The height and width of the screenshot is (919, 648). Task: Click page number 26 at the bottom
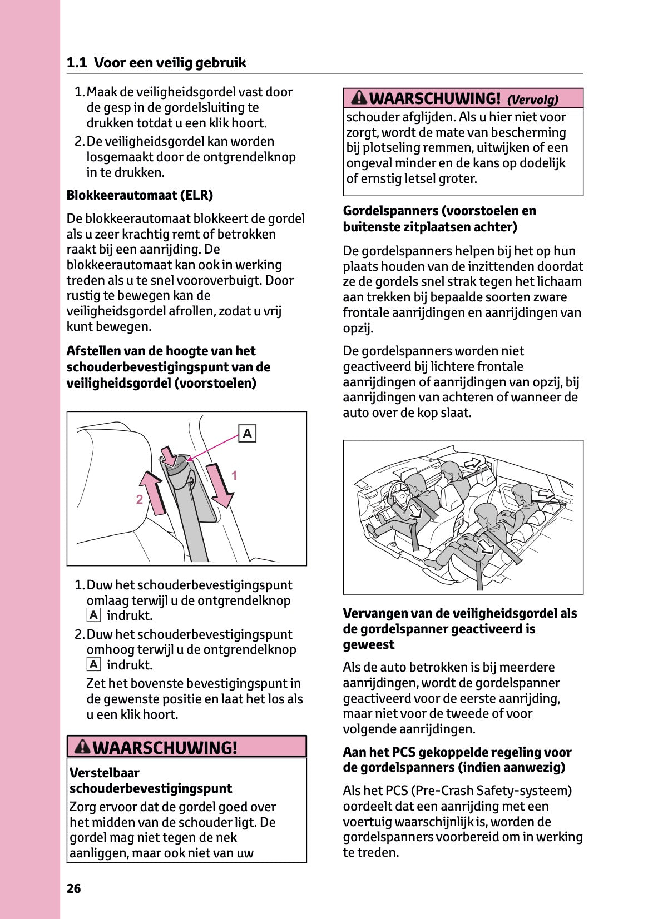click(73, 888)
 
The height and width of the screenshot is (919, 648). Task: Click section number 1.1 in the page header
click(77, 62)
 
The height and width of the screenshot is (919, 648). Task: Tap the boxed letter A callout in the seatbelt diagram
click(248, 434)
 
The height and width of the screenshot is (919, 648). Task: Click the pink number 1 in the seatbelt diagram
click(234, 475)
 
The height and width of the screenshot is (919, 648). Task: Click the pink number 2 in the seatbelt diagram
click(140, 499)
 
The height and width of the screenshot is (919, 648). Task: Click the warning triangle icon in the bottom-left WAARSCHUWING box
click(82, 747)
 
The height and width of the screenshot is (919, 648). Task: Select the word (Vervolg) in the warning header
click(532, 100)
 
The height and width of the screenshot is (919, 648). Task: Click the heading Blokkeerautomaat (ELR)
click(140, 195)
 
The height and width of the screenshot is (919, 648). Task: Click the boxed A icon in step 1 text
click(93, 615)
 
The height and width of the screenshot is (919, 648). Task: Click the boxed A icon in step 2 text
click(93, 665)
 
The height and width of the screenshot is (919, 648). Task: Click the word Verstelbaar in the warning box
click(105, 772)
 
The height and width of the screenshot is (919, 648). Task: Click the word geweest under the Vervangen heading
click(369, 644)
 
